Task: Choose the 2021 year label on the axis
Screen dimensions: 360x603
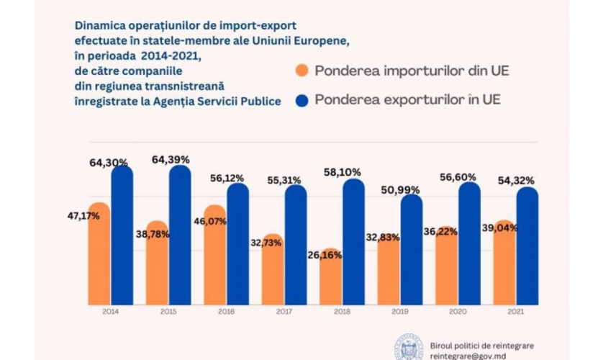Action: click(x=515, y=312)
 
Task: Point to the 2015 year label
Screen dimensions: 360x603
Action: click(x=168, y=312)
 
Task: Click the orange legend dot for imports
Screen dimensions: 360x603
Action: click(x=301, y=71)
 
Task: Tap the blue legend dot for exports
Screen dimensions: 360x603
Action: click(x=301, y=100)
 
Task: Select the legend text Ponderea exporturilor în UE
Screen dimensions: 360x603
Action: click(x=407, y=100)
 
